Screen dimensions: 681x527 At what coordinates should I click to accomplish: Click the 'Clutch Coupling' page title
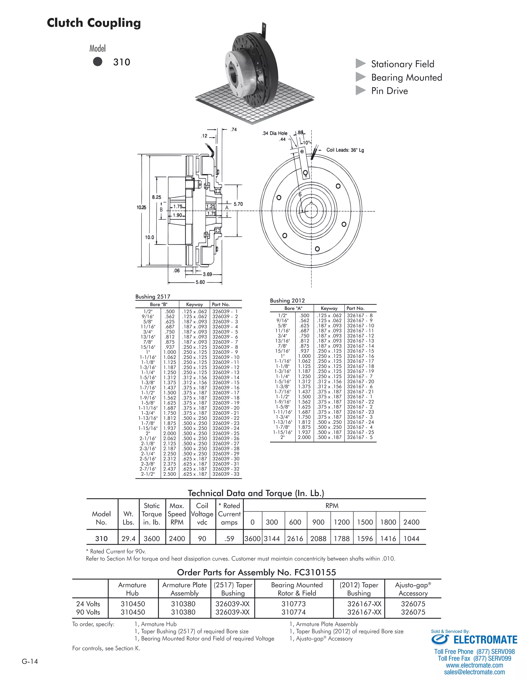pyautogui.click(x=94, y=23)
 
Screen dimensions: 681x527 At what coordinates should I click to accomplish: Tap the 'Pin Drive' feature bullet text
pyautogui.click(x=389, y=91)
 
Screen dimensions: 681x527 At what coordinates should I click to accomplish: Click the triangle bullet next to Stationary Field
pyautogui.click(x=361, y=64)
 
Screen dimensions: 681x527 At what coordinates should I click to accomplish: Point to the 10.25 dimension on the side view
pyautogui.click(x=141, y=207)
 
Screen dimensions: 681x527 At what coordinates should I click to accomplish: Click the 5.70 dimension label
pyautogui.click(x=238, y=204)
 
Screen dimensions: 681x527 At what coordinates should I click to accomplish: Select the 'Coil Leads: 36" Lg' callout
pyautogui.click(x=345, y=150)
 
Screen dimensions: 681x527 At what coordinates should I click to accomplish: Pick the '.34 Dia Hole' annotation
pyautogui.click(x=274, y=133)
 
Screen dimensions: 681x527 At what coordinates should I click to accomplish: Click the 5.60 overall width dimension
pyautogui.click(x=200, y=282)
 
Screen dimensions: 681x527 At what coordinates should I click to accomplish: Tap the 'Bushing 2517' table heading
pyautogui.click(x=153, y=297)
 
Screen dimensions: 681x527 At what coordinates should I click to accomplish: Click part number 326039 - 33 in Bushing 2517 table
pyautogui.click(x=225, y=474)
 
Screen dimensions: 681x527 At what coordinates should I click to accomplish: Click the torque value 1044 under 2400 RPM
pyautogui.click(x=411, y=538)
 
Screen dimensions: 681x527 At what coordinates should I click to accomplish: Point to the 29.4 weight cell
pyautogui.click(x=128, y=538)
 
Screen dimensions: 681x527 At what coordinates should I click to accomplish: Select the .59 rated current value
pyautogui.click(x=229, y=538)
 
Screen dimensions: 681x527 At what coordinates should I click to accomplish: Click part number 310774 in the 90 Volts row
pyautogui.click(x=293, y=612)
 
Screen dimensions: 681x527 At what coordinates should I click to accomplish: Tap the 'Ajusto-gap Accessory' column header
pyautogui.click(x=413, y=589)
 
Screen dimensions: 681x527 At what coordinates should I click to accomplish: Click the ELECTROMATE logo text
pyautogui.click(x=485, y=640)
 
